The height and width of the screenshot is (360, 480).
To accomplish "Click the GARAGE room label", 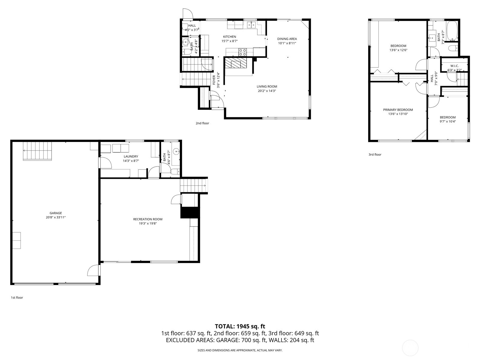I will [56, 213].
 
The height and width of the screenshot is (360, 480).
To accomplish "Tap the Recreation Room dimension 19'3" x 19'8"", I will [148, 223].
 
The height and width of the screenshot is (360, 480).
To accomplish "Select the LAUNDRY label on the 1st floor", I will [131, 156].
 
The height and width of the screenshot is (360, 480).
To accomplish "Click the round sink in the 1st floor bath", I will [176, 151].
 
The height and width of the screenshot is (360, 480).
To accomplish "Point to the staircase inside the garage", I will [37, 151].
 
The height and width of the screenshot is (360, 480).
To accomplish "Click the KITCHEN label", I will [229, 37].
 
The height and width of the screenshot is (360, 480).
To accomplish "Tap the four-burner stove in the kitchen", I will [242, 52].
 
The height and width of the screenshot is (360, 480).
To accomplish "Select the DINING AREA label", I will [287, 39].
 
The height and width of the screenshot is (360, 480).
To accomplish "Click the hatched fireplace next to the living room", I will [236, 63].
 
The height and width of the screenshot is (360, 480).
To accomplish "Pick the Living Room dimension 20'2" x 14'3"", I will [267, 91].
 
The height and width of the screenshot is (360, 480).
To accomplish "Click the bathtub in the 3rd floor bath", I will [452, 31].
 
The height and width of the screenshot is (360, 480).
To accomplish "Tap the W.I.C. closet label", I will [454, 66].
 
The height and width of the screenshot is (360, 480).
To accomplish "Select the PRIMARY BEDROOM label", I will [398, 110].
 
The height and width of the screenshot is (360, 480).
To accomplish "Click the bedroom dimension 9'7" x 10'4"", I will [448, 121].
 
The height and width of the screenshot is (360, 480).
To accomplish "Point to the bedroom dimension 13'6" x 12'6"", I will [398, 50].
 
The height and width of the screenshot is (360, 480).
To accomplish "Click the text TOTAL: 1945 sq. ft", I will [240, 326].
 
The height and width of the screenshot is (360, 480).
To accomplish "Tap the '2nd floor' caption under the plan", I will [202, 123].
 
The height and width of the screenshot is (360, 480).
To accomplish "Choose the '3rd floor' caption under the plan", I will [375, 154].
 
